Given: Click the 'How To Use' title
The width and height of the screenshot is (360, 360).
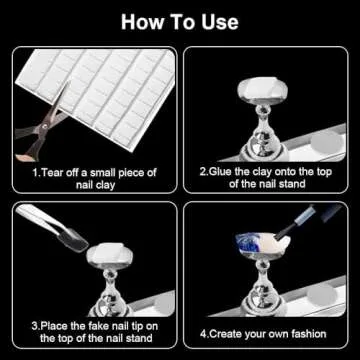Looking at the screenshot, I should (180, 20).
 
